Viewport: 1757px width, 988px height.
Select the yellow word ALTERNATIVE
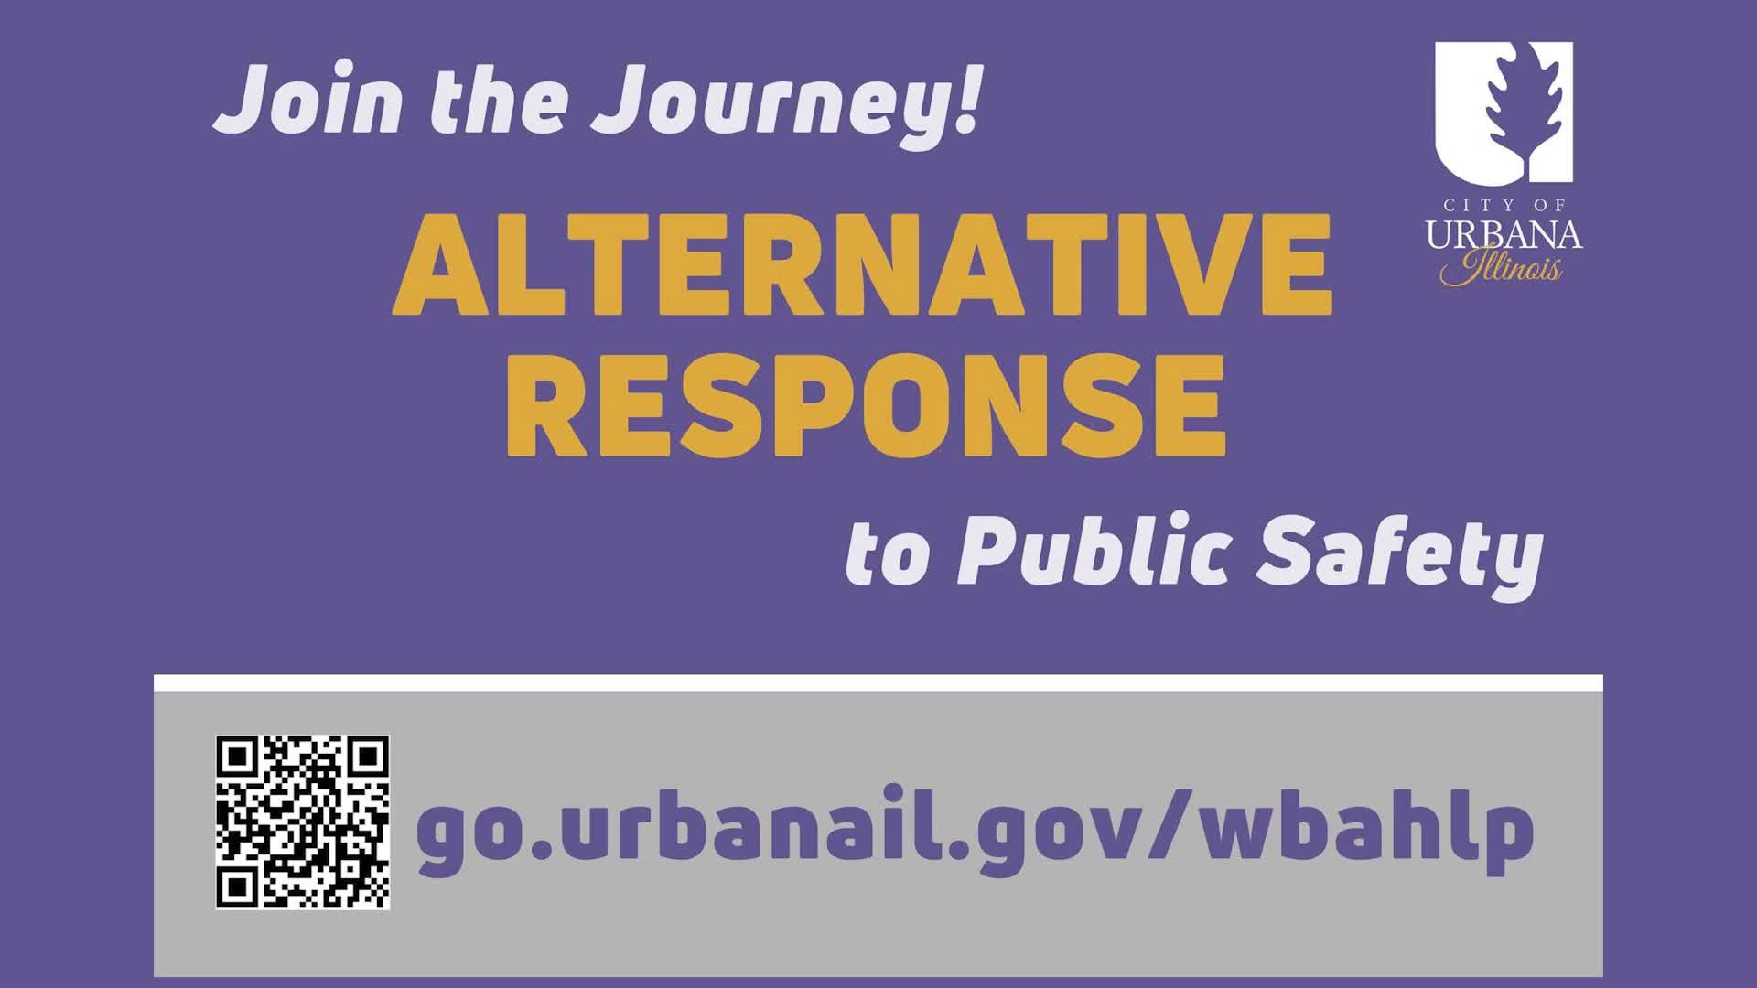862,263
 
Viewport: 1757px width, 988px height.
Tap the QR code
303,822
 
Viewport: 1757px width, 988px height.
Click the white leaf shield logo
1503,112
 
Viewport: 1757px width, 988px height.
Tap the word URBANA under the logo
1503,236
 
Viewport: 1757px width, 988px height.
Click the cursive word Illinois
1503,267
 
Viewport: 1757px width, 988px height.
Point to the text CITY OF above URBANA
1504,206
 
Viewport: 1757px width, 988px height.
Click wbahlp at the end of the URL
1367,829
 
